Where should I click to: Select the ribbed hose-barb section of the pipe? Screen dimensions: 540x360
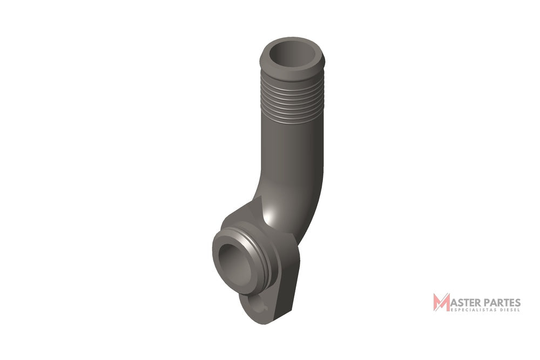292,99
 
